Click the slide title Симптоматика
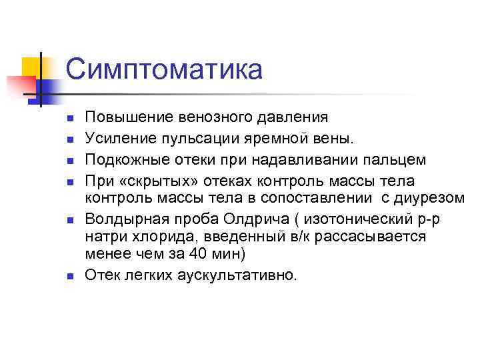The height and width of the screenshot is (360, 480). coord(164,70)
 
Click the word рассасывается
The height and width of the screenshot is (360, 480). coord(376,237)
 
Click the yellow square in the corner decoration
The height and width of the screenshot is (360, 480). coord(31,67)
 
